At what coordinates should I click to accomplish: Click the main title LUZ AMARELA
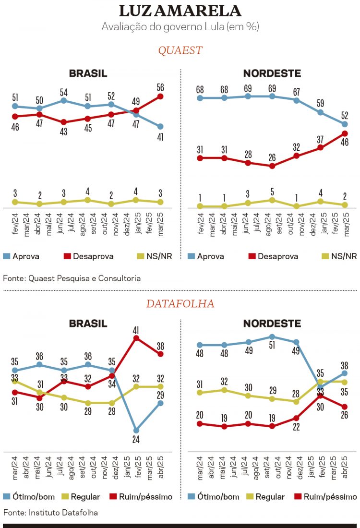pos(180,11)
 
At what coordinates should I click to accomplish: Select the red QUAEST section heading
pos(180,50)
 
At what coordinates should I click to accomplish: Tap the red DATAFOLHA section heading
pos(180,304)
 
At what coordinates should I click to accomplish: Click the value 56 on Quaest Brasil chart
pos(160,87)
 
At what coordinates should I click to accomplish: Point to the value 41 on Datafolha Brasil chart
pos(136,330)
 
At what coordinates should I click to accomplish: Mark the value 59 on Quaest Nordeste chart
pos(321,103)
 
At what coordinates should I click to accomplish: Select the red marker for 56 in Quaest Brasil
pos(160,96)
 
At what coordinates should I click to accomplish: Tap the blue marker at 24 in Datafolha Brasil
pos(136,430)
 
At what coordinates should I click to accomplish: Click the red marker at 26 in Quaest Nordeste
pos(272,166)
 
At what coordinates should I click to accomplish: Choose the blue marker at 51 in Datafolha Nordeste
pos(272,337)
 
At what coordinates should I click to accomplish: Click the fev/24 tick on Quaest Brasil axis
pos(15,224)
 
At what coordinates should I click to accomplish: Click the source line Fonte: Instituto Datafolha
pos(50,513)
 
